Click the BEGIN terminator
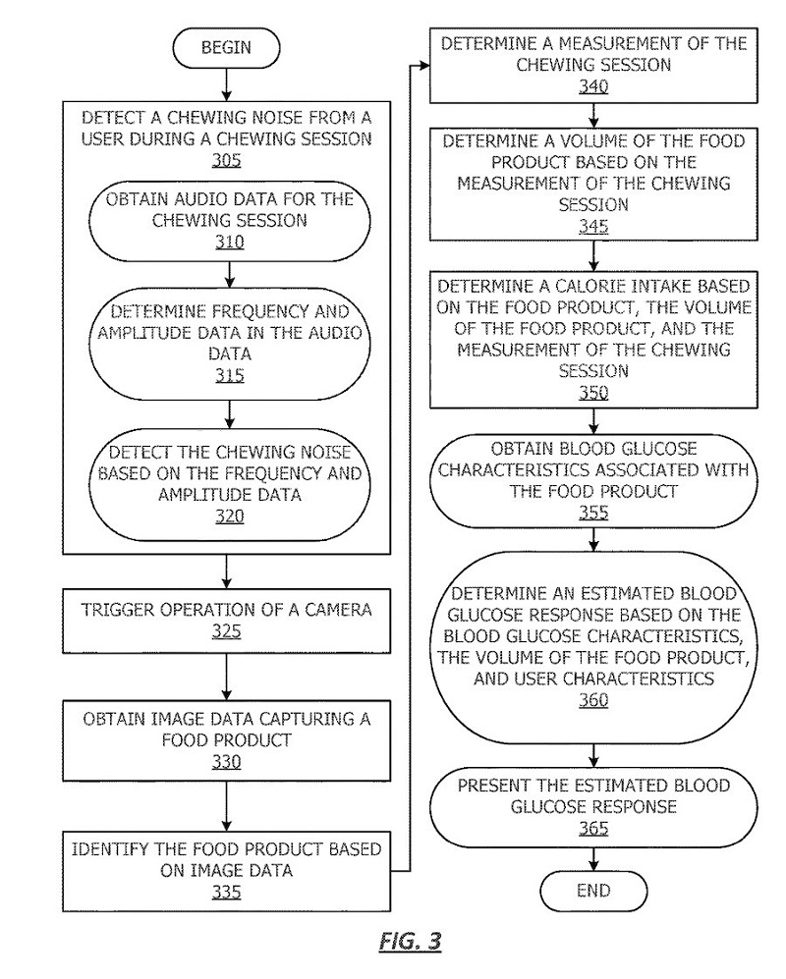click(226, 48)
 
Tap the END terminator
click(593, 892)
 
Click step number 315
click(227, 376)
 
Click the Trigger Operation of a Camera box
click(226, 620)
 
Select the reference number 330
click(227, 762)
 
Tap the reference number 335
click(227, 892)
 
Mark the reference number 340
click(593, 87)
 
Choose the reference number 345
click(593, 227)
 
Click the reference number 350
click(593, 394)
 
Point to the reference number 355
click(593, 513)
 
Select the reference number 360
click(593, 700)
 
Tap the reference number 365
click(593, 829)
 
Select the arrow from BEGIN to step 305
click(226, 84)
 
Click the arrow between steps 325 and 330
click(226, 675)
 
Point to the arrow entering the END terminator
click(593, 859)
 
